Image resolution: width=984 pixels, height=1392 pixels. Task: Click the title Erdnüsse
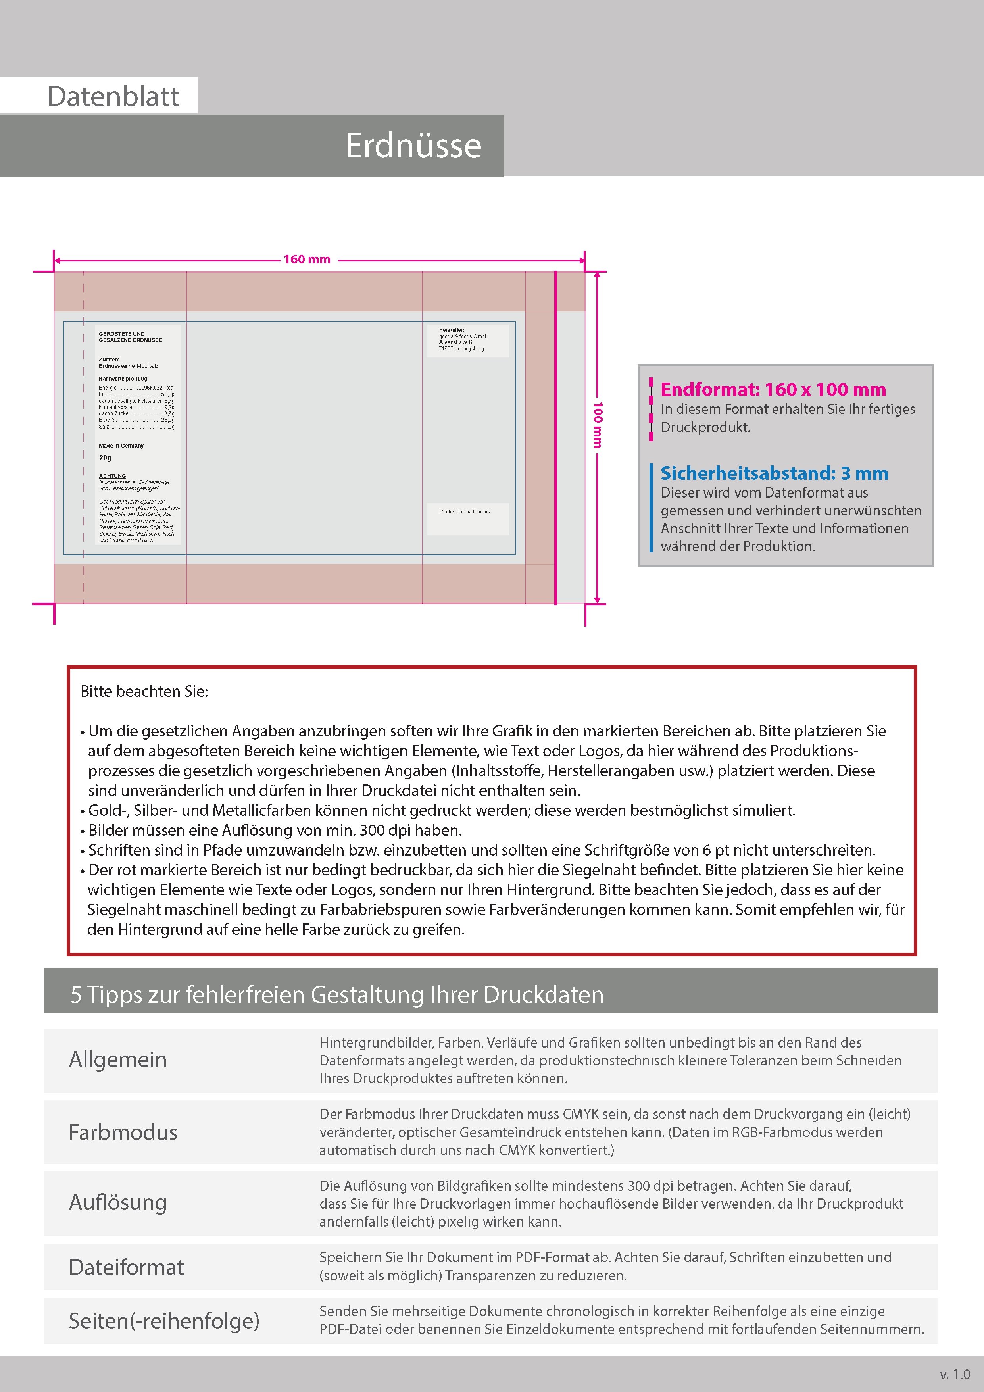[x=413, y=146]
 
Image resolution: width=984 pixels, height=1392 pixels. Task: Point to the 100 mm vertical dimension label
[x=598, y=425]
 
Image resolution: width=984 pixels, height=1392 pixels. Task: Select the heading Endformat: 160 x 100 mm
[x=773, y=389]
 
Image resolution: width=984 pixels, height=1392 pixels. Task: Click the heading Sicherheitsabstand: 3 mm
[x=774, y=473]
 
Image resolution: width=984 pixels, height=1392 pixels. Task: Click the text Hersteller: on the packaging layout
[x=452, y=330]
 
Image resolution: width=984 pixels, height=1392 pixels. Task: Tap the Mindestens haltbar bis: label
[x=465, y=512]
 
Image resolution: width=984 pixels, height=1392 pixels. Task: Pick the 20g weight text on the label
[x=106, y=458]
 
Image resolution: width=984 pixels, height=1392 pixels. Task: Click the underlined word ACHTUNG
[x=113, y=476]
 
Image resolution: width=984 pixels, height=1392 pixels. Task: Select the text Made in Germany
[x=121, y=446]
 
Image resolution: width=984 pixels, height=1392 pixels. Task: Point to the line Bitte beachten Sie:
[x=144, y=691]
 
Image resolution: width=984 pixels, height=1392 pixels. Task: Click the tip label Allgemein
[x=117, y=1059]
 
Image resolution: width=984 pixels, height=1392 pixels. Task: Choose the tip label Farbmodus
[x=123, y=1132]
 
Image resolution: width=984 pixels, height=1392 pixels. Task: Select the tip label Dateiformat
[x=126, y=1267]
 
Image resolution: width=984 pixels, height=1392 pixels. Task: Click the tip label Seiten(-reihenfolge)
[x=164, y=1321]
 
